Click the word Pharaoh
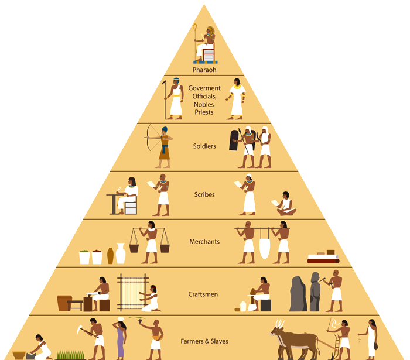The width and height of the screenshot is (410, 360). (204, 70)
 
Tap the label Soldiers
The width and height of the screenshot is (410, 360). (204, 146)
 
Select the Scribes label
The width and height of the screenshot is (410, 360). (204, 194)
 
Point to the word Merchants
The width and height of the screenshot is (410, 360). (204, 241)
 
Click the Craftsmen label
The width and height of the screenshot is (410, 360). (204, 294)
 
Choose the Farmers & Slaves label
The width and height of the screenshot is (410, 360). (204, 341)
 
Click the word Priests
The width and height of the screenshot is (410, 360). (204, 112)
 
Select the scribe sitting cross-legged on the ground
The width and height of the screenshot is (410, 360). (285, 205)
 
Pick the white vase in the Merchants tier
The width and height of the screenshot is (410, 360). (120, 253)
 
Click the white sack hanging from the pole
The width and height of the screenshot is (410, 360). (264, 244)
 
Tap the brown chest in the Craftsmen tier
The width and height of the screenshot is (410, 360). (65, 303)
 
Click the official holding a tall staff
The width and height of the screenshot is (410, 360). (174, 99)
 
